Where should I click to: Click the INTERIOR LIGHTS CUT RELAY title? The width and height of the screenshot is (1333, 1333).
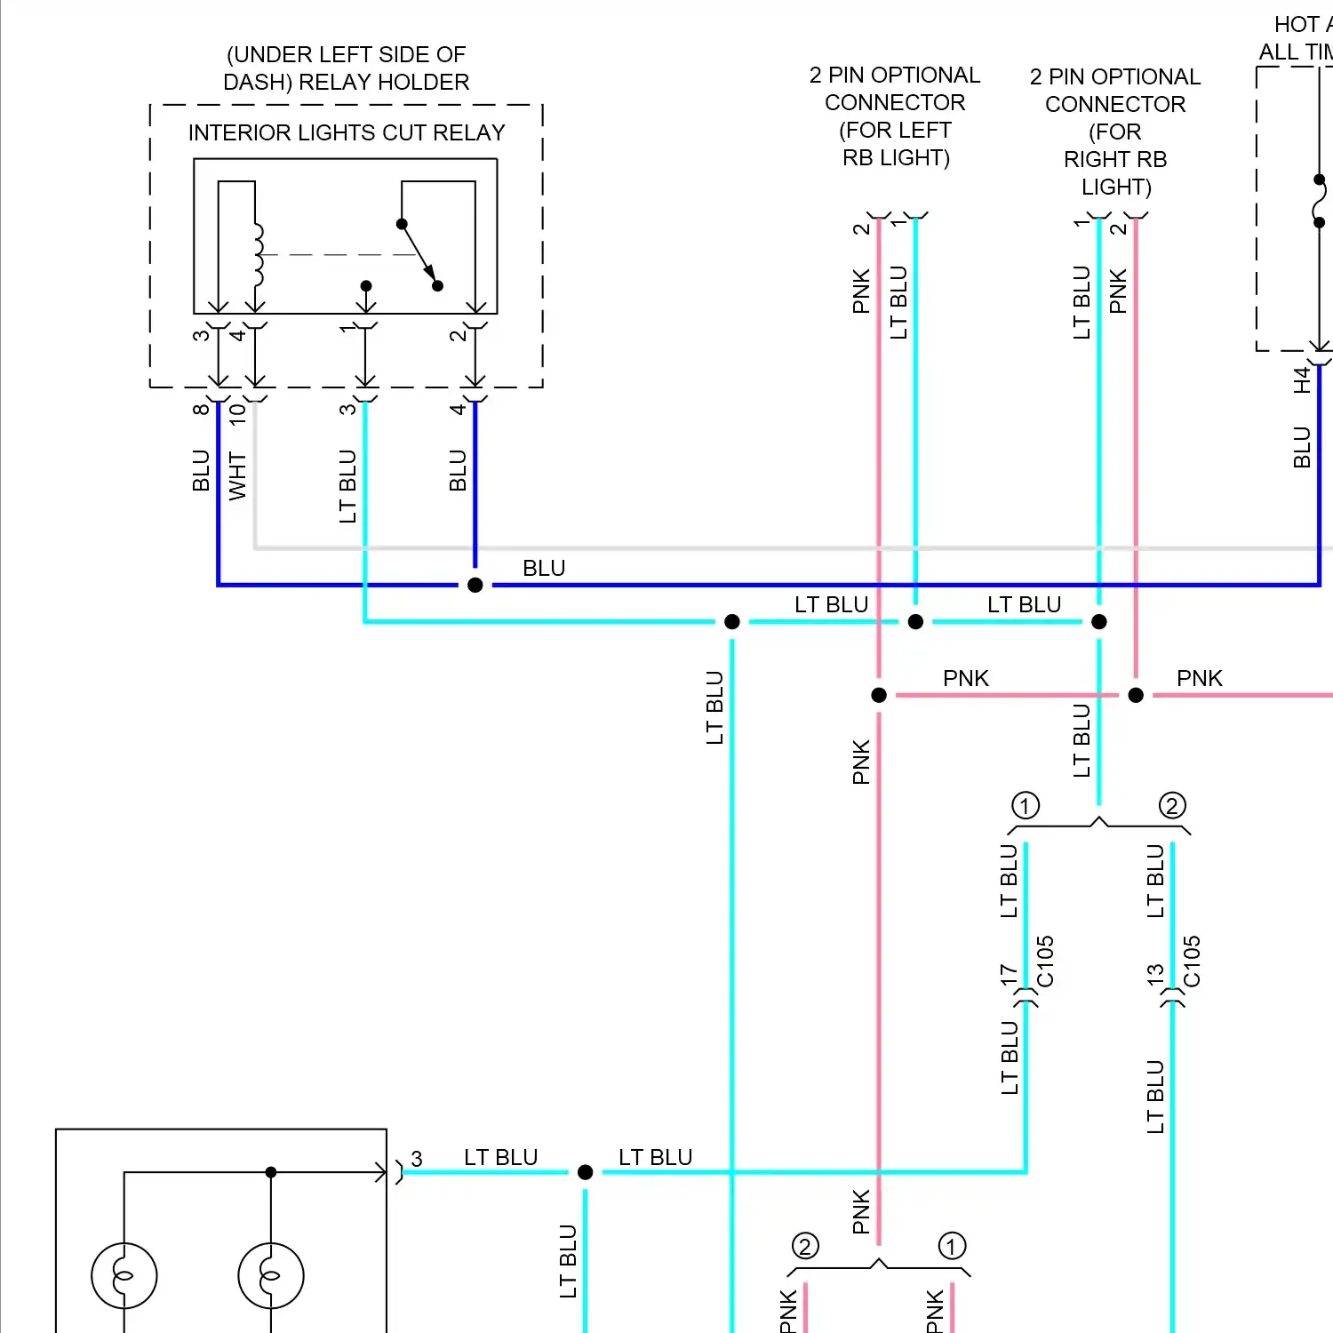pos(346,132)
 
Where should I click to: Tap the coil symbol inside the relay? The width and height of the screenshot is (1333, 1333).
pos(258,254)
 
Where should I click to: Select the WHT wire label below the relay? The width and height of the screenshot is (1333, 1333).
pos(237,475)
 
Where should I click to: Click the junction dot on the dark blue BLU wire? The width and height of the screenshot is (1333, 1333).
pos(475,585)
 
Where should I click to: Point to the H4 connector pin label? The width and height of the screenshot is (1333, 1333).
pos(1302,380)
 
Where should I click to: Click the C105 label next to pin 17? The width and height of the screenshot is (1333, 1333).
pos(1045,961)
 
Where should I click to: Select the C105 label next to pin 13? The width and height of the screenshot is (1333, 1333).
pos(1192,961)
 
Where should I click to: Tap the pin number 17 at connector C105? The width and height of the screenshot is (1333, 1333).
pos(1009,975)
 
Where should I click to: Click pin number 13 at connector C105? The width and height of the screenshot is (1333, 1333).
pos(1155,975)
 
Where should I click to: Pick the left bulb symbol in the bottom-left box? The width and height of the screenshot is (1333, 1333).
pos(124,1276)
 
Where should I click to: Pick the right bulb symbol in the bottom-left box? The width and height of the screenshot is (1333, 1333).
pos(271,1276)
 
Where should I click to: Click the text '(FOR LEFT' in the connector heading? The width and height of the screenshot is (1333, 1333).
pos(895,130)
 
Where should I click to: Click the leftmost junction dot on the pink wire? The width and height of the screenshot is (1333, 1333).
pos(879,695)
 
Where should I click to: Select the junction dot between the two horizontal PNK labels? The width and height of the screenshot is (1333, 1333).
pos(1136,695)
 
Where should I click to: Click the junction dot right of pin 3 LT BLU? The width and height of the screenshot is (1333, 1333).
pos(585,1172)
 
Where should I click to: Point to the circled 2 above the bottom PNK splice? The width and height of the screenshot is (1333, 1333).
pos(805,1246)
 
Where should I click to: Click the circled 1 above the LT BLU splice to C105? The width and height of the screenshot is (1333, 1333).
pos(1026,806)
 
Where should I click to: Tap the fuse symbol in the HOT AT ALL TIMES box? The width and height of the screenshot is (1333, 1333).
pos(1320,202)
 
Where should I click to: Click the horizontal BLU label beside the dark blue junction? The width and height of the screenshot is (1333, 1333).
pos(544,568)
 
